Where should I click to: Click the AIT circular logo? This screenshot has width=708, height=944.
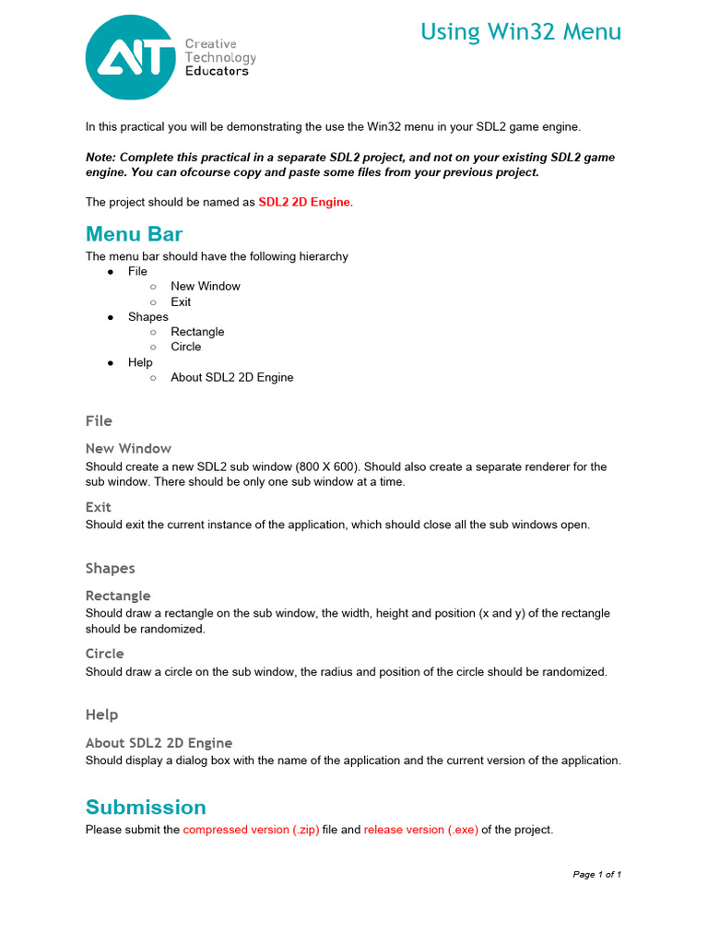130,57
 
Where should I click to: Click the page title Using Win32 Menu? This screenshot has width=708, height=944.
521,32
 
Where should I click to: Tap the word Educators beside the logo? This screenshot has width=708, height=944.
217,71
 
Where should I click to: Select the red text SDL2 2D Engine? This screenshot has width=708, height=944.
304,202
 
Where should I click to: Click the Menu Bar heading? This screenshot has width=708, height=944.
134,233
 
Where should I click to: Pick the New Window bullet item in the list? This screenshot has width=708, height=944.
205,286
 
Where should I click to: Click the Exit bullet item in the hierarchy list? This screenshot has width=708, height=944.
181,301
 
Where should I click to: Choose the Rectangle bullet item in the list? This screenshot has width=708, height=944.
197,332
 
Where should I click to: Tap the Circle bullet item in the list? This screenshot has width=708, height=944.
185,347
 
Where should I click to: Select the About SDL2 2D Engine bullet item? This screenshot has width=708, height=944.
231,377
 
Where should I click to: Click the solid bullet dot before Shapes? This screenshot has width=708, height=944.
111,317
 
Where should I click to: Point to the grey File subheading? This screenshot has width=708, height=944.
99,421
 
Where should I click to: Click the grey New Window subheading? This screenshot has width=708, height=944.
128,449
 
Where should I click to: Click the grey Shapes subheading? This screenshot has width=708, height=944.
110,569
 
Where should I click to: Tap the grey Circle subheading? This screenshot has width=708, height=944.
104,654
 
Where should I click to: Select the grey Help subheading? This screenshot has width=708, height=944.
101,714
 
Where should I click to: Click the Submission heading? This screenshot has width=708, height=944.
146,808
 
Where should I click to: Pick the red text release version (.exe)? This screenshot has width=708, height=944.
420,830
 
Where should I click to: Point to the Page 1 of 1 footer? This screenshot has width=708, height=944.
596,874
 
